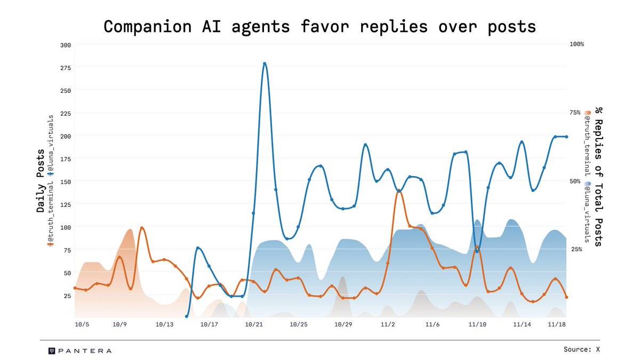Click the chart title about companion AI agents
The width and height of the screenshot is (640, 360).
click(x=319, y=26)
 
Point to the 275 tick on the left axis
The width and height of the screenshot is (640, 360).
click(x=65, y=68)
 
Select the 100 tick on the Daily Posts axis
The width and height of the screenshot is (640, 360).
click(x=65, y=227)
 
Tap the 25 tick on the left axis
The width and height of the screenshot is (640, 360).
click(x=66, y=295)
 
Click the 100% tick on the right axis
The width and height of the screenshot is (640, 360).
click(x=577, y=44)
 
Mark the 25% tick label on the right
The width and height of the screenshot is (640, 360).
click(x=575, y=250)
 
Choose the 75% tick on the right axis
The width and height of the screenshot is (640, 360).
click(x=575, y=113)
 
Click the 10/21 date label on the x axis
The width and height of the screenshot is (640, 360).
click(x=254, y=324)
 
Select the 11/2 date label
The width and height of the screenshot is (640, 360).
click(x=388, y=324)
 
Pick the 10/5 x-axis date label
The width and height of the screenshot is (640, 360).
click(x=82, y=324)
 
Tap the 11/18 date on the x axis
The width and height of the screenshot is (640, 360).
click(x=556, y=324)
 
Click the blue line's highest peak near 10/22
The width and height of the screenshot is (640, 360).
click(x=265, y=63)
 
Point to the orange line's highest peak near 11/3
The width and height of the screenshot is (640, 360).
click(x=399, y=190)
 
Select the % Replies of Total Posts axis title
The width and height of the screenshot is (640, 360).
click(x=599, y=176)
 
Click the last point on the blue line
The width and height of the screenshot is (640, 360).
click(x=566, y=137)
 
